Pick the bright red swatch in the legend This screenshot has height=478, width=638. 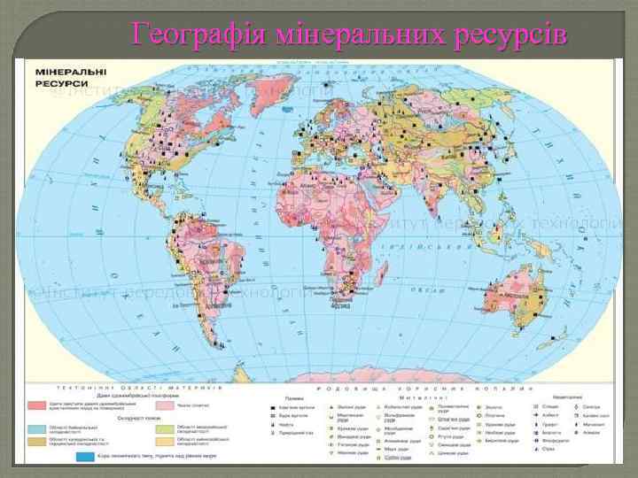(36, 405)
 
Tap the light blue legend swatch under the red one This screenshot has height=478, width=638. (36, 428)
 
